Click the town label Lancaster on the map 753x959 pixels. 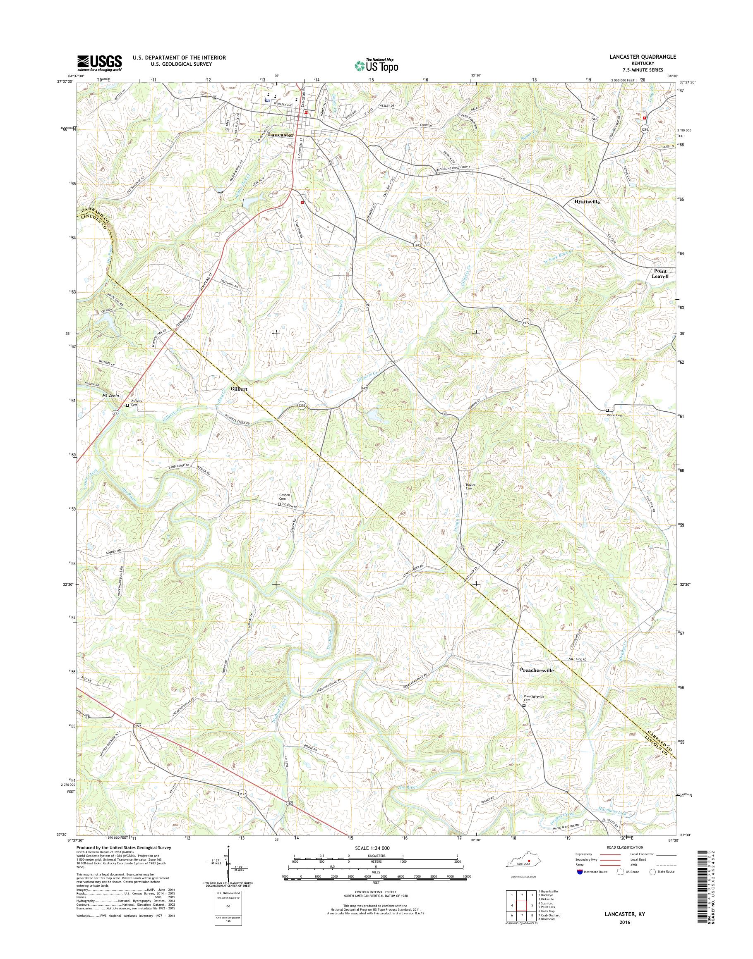click(x=281, y=135)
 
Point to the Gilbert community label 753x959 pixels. click(x=238, y=389)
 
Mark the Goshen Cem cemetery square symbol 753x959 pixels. click(x=279, y=504)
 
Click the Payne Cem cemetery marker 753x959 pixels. click(x=607, y=410)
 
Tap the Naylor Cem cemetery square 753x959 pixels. click(x=466, y=494)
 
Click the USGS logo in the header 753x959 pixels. click(x=100, y=63)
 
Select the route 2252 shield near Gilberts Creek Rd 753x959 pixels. click(x=301, y=408)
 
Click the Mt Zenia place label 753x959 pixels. click(x=112, y=396)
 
